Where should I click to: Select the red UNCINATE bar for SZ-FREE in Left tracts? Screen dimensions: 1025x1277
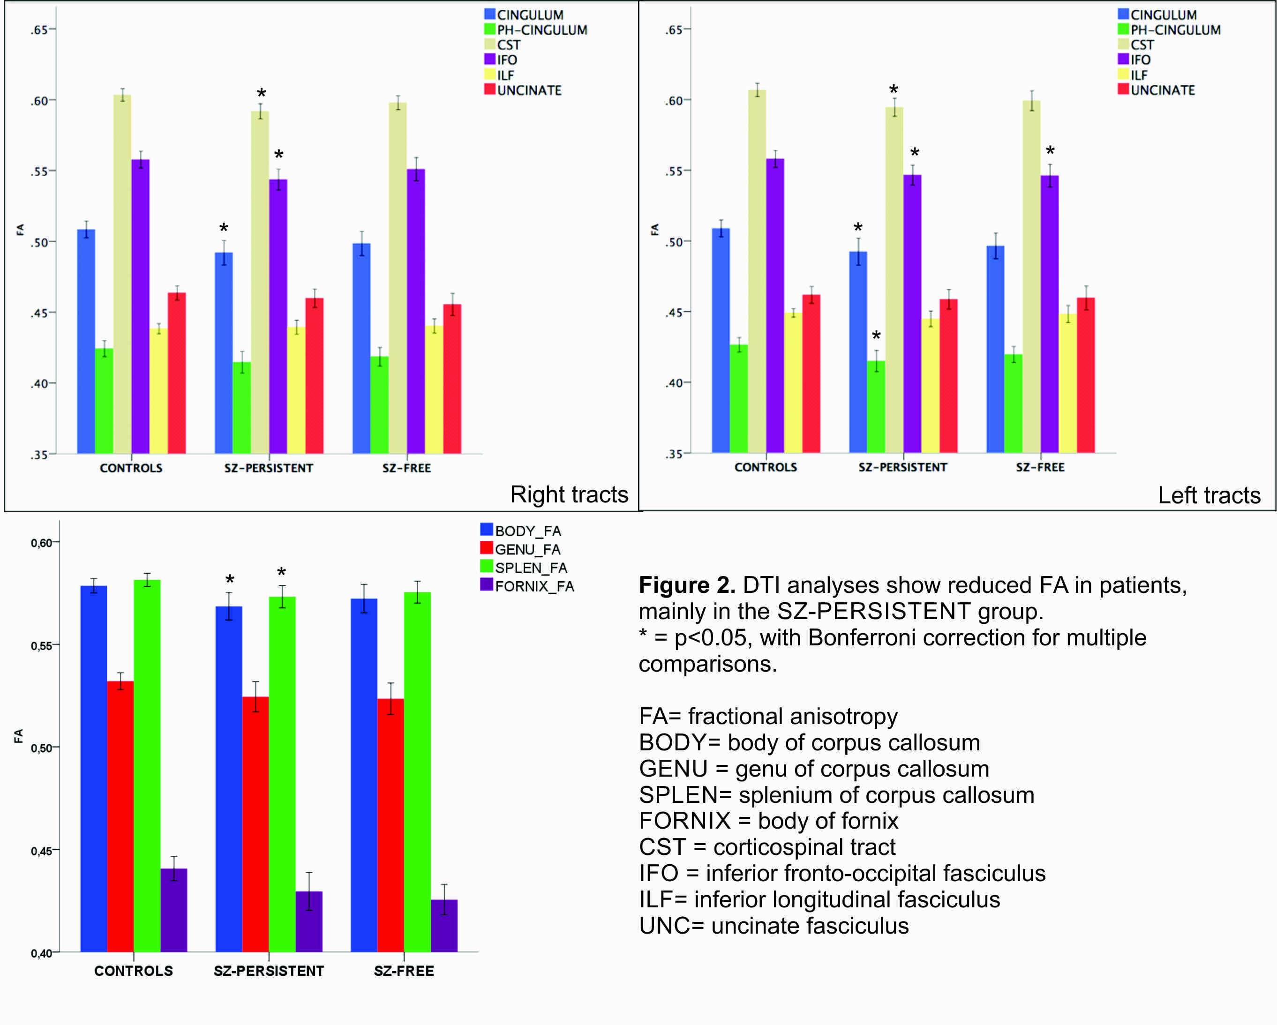(1086, 375)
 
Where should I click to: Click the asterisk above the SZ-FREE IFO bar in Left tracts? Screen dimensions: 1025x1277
(1050, 150)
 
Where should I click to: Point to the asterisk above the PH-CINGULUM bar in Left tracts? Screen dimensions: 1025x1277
(876, 336)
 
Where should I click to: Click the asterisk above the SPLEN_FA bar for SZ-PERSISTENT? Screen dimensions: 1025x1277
(281, 572)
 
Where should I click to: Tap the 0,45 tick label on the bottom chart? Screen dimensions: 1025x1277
(41, 851)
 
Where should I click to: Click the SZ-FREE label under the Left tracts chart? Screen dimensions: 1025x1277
(1040, 467)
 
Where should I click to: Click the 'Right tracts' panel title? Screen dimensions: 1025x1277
(569, 494)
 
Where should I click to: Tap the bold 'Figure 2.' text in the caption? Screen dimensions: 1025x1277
(686, 585)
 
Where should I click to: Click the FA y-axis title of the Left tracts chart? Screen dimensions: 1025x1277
(654, 229)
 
